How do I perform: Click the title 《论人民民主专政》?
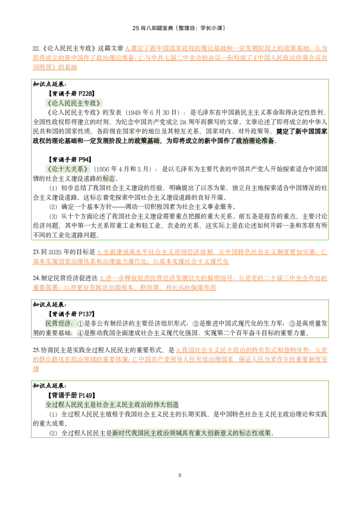pyautogui.click(x=74, y=103)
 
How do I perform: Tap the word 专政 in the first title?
pyautogui.click(x=90, y=103)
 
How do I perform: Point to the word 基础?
pyautogui.click(x=153, y=141)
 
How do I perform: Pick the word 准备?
pyautogui.click(x=268, y=141)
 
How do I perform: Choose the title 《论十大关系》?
pyautogui.click(x=67, y=169)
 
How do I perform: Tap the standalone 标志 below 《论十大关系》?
pyautogui.click(x=108, y=179)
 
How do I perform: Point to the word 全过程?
pyautogui.click(x=55, y=405)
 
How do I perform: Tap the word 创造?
pyautogui.click(x=173, y=405)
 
